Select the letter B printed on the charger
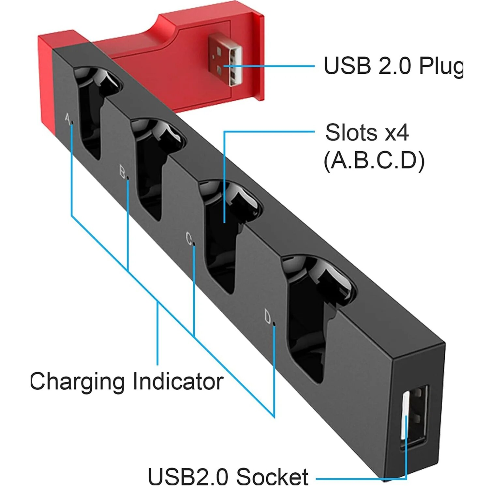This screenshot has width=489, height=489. click(122, 171)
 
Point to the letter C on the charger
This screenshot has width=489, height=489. click(189, 239)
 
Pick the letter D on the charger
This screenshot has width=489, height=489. click(268, 317)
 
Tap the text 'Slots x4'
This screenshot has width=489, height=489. click(367, 133)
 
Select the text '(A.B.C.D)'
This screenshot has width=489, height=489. click(374, 161)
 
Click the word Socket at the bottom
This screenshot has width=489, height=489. click(272, 477)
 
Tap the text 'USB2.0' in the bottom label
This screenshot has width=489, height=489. click(188, 477)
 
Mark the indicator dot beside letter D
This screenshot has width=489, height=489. click(274, 324)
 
